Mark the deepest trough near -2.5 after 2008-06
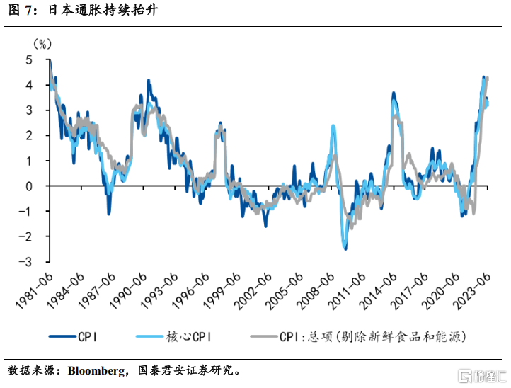pos(345,249)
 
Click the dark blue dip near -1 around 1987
pos(109,213)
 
